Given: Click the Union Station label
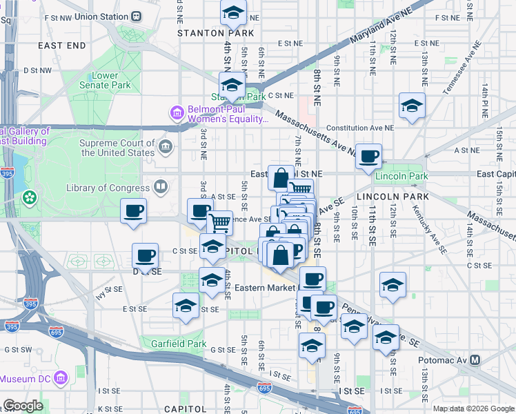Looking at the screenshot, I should (103, 15).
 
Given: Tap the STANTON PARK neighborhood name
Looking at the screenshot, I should (210, 32).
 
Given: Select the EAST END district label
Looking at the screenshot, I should (62, 46).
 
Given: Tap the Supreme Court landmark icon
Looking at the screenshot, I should (166, 146).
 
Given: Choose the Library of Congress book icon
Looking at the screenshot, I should (161, 187).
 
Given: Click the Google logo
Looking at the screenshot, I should (23, 405).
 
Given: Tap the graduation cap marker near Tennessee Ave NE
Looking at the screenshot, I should (412, 106).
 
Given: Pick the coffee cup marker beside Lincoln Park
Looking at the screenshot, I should (368, 156).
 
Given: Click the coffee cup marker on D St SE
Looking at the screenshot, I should (146, 256).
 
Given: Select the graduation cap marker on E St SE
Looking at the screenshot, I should (186, 306).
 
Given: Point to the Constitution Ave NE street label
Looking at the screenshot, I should (359, 128).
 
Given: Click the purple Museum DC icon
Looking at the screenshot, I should (62, 379).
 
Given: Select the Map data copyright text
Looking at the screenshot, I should (473, 408).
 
